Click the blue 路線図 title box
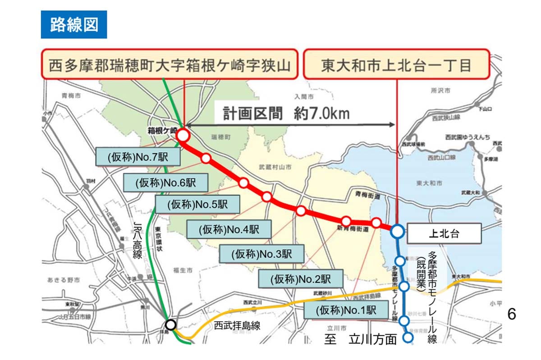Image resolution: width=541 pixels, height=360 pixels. coord(74,25)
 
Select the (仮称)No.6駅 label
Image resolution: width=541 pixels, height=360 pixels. coord(165,182)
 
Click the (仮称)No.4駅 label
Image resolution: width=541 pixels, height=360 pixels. coord(229,229)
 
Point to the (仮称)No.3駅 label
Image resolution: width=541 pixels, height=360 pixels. coord(262,254)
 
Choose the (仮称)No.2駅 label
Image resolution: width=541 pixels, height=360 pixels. coord(301,279)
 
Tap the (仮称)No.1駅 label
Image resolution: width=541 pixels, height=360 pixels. coord(346,310)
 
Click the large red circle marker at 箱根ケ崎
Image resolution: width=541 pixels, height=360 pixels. coord(183,135)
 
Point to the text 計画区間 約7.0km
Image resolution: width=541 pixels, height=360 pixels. coord(287,113)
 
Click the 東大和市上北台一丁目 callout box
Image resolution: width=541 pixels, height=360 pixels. coord(396,65)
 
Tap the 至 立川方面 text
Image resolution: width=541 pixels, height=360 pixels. coord(360,339)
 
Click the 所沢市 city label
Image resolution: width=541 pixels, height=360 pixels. coord(440,91)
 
